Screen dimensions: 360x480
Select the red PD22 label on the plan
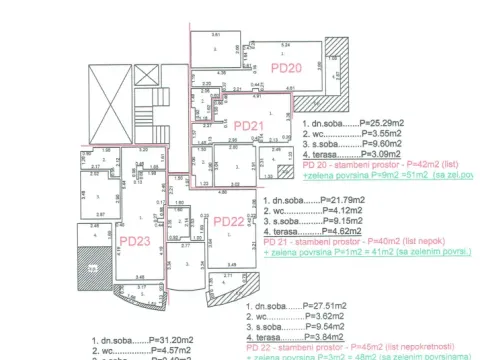[229, 222]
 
